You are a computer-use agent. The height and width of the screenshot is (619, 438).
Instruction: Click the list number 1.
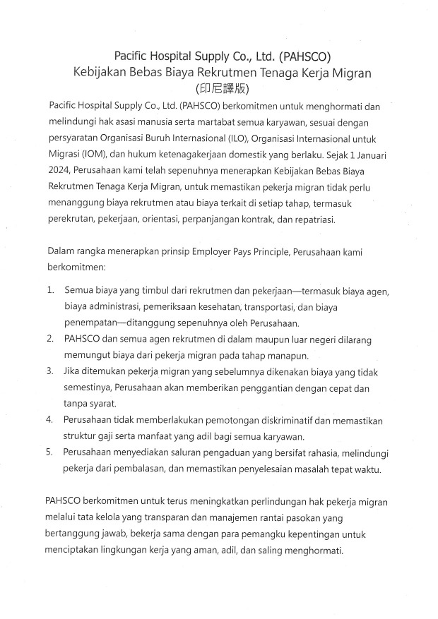click(51, 290)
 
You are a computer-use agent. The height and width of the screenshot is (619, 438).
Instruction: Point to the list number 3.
click(51, 371)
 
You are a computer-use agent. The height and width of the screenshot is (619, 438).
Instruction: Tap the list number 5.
click(51, 451)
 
